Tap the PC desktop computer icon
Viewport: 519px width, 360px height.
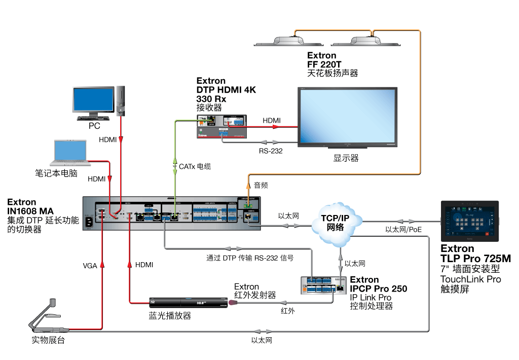[x=96, y=103]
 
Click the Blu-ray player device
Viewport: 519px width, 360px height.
[x=187, y=303]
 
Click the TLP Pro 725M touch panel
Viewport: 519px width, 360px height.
[x=469, y=221]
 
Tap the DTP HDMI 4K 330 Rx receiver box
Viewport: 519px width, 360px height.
[x=221, y=126]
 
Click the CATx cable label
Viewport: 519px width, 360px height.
[x=195, y=166]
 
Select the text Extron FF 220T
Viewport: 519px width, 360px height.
[x=321, y=60]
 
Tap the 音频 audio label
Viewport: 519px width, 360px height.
[x=261, y=186]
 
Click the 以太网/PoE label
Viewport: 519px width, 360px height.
[x=403, y=229]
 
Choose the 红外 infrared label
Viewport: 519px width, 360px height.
[x=287, y=311]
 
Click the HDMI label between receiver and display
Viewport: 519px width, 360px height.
[x=272, y=120]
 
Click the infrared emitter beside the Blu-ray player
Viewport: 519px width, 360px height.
[x=233, y=303]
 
